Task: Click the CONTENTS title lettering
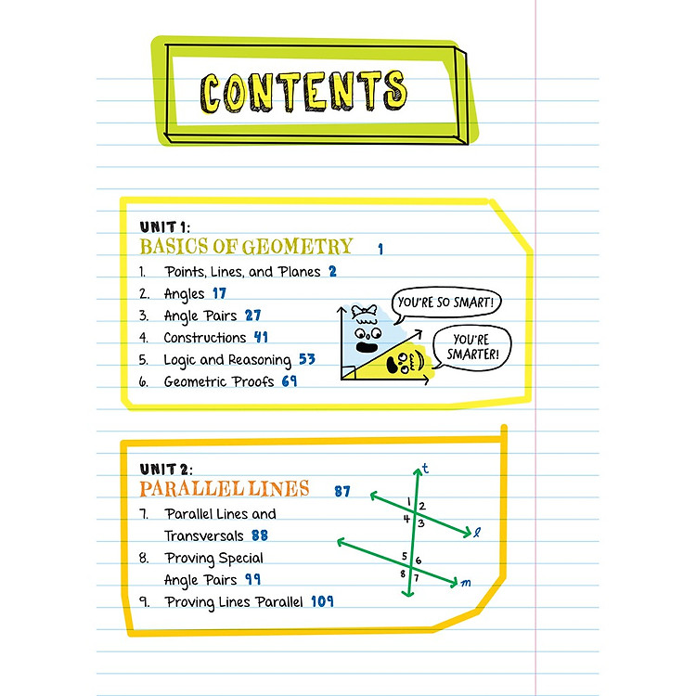[303, 92]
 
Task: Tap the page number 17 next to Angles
[219, 293]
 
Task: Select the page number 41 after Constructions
[261, 337]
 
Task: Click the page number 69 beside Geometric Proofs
[290, 380]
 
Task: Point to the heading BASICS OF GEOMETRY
[246, 246]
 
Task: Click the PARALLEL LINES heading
[225, 489]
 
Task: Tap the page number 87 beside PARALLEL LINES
[342, 491]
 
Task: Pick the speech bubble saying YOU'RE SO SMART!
[446, 303]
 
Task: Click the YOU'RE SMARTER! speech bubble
[472, 348]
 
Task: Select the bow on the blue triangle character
[364, 311]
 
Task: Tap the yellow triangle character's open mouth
[393, 365]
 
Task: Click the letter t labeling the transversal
[425, 469]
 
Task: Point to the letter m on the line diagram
[466, 583]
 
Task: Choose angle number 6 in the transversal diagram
[419, 561]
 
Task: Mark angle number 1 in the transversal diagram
[409, 501]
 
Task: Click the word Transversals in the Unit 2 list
[204, 535]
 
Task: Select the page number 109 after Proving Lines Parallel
[322, 601]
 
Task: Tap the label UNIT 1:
[164, 227]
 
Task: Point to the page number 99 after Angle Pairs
[253, 579]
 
